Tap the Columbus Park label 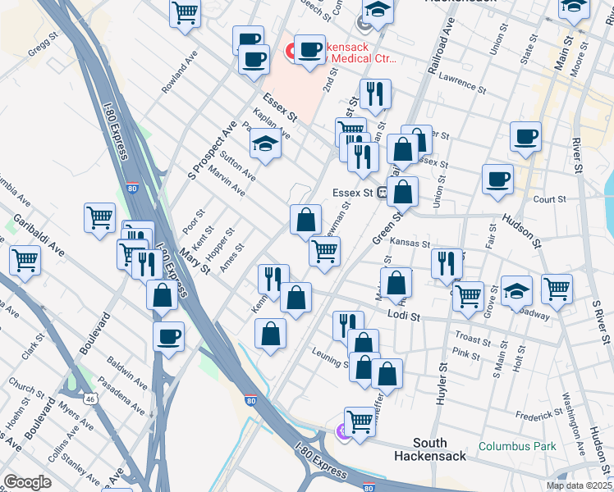tap(517, 447)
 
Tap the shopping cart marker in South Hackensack tap(360, 421)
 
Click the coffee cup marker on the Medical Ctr tap(310, 50)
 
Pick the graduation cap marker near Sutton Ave tap(265, 145)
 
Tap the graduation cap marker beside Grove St tap(516, 290)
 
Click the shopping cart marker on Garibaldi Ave tap(25, 261)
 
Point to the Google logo tap(28, 482)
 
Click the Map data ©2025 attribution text tap(580, 485)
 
